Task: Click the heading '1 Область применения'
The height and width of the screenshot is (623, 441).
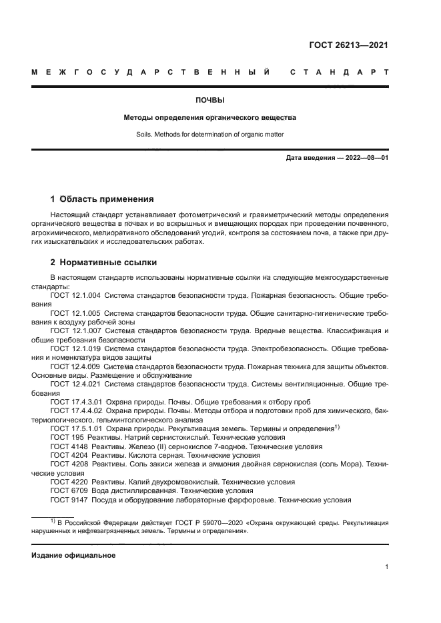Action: click(x=103, y=199)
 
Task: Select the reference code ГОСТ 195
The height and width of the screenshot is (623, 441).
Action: click(x=64, y=437)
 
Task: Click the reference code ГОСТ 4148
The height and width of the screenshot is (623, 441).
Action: click(x=66, y=446)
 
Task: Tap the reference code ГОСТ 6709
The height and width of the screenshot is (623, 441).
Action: click(x=66, y=490)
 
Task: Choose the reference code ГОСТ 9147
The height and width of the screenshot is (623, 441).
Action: click(x=66, y=498)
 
